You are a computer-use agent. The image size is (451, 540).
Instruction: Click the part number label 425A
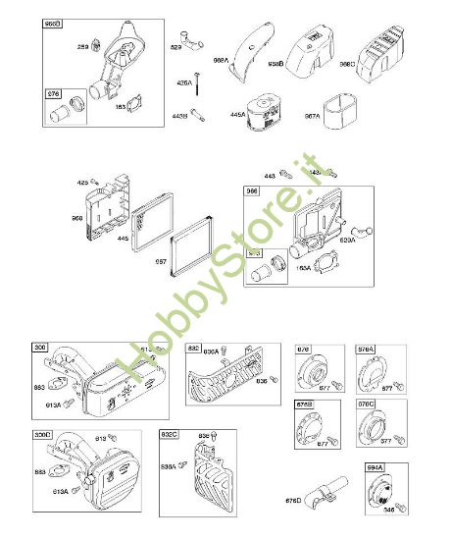pyautogui.click(x=182, y=83)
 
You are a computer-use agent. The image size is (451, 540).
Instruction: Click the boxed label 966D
pyautogui.click(x=54, y=23)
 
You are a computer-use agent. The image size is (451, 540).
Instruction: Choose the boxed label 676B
pyautogui.click(x=305, y=405)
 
